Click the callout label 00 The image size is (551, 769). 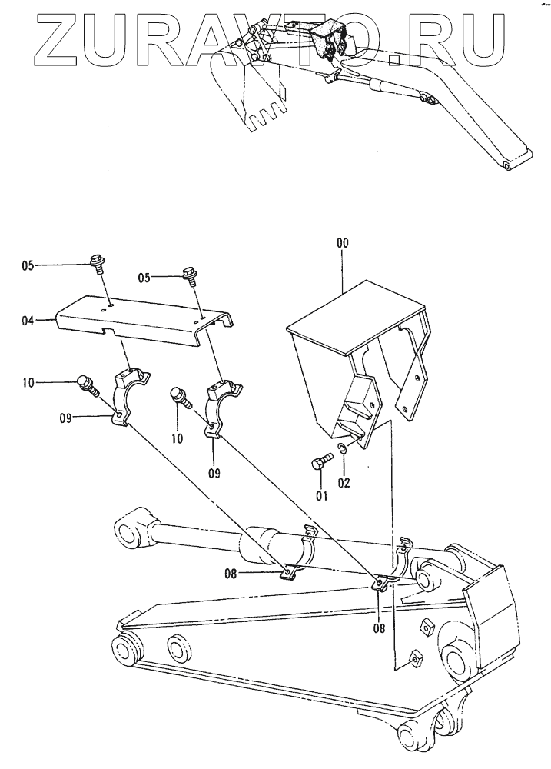click(342, 242)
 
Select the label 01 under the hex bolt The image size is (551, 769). click(322, 494)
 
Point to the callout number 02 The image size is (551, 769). click(345, 482)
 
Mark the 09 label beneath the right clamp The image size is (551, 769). click(213, 473)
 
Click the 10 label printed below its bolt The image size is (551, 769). click(178, 439)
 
